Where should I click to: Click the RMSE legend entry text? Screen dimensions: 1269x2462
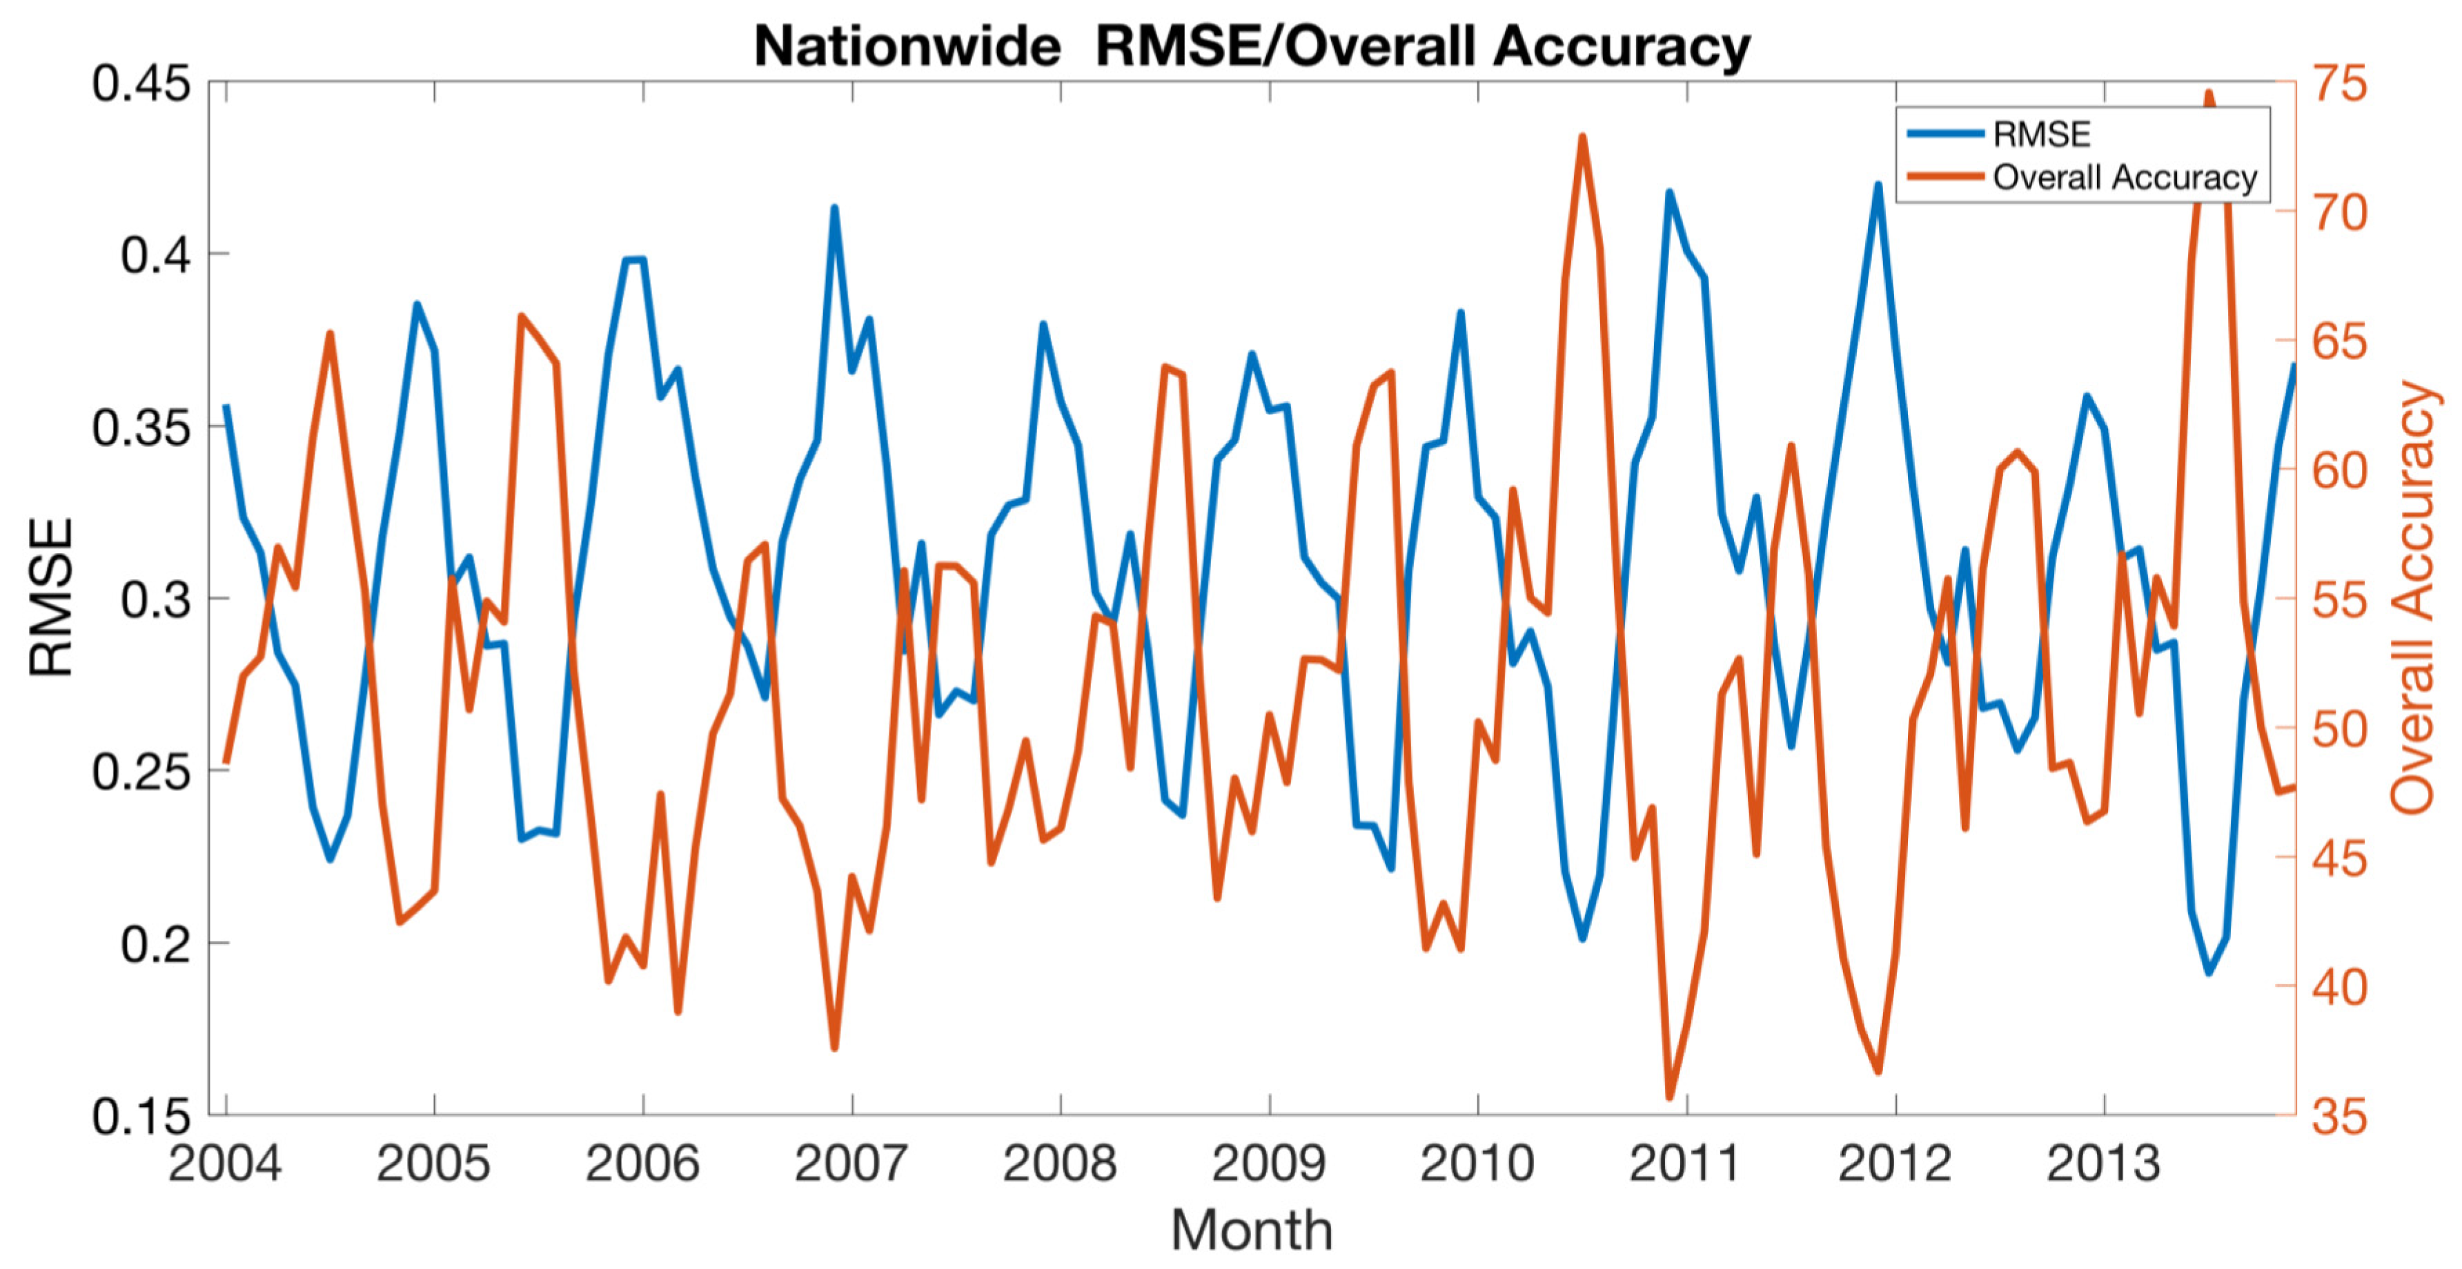2042,134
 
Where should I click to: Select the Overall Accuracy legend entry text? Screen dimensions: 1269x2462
2125,178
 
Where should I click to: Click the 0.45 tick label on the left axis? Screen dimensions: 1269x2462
141,84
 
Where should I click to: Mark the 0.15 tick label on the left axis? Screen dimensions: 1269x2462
141,1116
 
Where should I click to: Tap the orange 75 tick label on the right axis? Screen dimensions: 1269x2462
2340,84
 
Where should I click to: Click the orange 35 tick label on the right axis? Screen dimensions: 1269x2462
2340,1116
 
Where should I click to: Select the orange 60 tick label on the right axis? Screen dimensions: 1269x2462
2340,470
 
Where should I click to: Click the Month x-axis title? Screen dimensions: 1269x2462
1251,1230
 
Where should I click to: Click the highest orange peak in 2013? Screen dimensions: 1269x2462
2209,94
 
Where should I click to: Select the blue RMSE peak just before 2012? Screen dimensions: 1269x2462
1878,186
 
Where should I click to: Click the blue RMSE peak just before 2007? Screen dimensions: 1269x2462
834,208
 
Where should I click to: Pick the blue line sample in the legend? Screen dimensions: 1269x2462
1945,134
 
